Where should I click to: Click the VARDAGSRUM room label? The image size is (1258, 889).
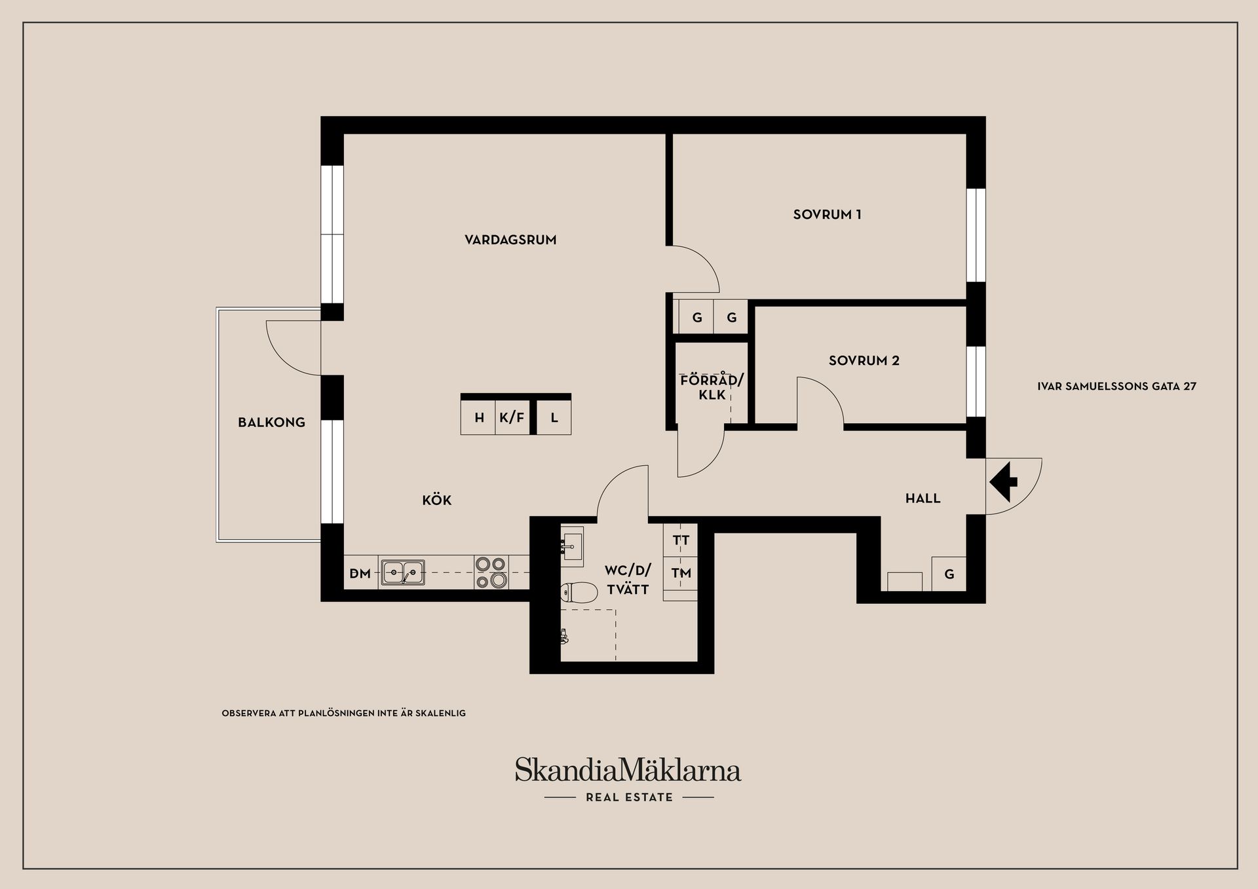[510, 240]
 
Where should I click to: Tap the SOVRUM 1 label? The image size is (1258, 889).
[827, 214]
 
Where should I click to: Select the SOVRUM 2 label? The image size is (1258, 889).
[864, 360]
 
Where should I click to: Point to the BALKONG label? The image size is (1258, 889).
[271, 423]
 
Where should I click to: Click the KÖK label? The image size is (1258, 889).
[437, 500]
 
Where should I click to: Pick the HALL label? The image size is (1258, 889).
[923, 499]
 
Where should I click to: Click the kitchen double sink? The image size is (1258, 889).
[403, 573]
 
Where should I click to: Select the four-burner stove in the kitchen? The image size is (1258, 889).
[491, 573]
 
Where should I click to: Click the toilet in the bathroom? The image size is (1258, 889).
[579, 593]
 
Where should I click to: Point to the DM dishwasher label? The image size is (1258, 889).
[360, 574]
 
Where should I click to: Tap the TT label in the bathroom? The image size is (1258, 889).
[681, 540]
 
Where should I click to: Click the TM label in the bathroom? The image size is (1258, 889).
[681, 573]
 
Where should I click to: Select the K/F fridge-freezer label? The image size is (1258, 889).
[512, 417]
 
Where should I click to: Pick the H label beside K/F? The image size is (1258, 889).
[480, 417]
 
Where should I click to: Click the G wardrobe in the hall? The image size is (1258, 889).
[949, 575]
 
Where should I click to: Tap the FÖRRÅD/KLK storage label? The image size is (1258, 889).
[712, 387]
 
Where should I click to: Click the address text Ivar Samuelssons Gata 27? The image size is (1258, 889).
[1116, 387]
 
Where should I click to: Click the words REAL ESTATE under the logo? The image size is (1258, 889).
[629, 797]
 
